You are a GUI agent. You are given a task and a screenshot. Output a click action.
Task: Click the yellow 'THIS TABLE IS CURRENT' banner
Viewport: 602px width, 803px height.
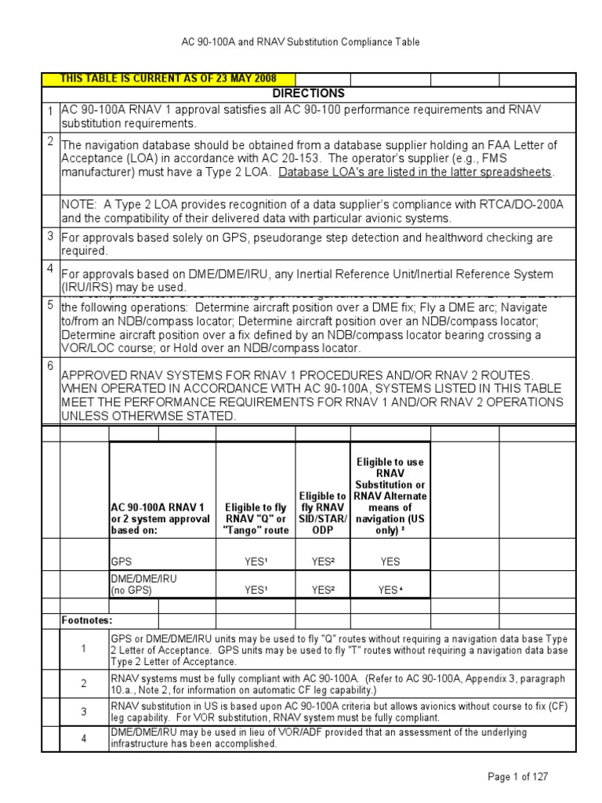coord(169,79)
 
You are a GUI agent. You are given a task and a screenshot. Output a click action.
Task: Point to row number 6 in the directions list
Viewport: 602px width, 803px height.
coord(49,365)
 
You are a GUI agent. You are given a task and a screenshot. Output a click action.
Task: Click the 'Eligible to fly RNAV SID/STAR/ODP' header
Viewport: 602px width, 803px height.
coord(322,513)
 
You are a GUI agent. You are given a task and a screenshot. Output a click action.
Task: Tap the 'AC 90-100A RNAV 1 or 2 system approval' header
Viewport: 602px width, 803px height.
coord(161,518)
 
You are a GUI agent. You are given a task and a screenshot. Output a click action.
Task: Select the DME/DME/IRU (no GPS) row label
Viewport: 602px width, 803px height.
coord(142,585)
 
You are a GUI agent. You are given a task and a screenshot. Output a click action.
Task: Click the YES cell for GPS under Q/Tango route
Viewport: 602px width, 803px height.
coord(256,561)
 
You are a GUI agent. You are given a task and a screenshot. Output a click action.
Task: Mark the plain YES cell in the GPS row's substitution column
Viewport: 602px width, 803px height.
coord(390,561)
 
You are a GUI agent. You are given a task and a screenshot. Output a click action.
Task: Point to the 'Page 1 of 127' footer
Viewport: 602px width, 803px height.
coord(517,776)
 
